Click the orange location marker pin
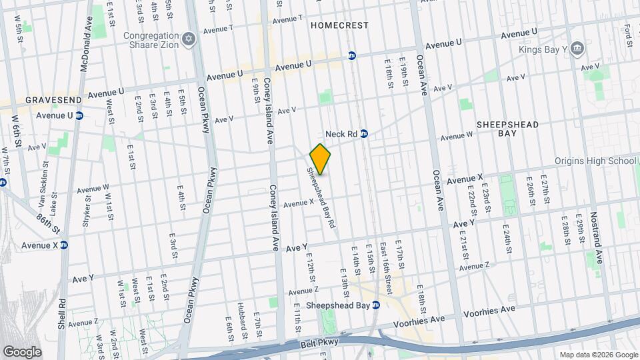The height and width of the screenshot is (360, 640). coord(320,159)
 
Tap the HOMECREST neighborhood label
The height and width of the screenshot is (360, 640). coord(339,25)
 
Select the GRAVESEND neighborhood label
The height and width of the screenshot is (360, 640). coord(53,100)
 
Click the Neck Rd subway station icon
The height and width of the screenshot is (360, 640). coord(364,134)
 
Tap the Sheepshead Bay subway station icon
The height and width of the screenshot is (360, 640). coord(376,305)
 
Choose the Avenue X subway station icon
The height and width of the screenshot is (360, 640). coord(65,245)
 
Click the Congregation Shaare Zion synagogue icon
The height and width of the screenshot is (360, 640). coord(189,40)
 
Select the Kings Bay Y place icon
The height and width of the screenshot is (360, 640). coord(577,48)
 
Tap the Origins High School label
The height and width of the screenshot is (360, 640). coord(595,161)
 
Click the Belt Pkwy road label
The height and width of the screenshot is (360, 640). coord(323,342)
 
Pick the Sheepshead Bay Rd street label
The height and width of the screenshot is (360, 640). coord(319,197)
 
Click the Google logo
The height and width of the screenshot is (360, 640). coord(22,352)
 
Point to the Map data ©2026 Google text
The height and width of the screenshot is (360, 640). coord(597,355)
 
